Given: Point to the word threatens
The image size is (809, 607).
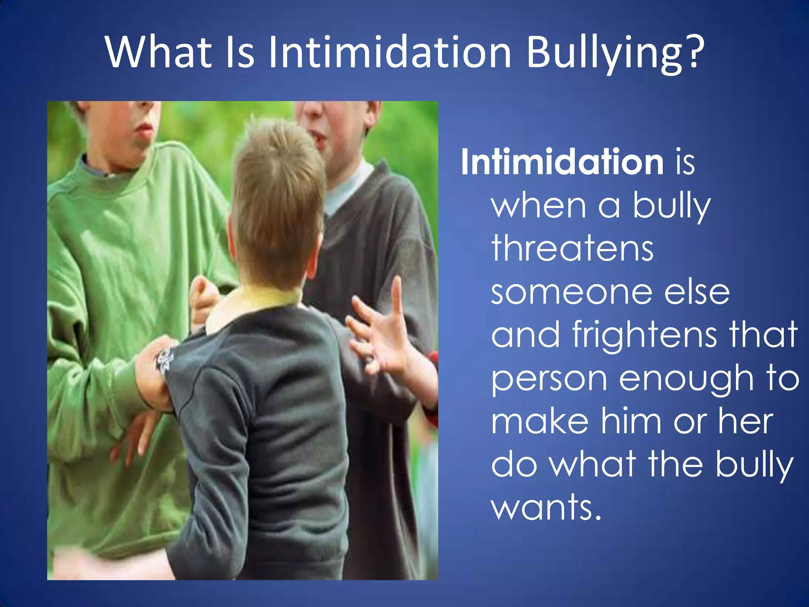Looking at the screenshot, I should (x=572, y=249).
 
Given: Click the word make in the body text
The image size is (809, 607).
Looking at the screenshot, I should (x=540, y=422).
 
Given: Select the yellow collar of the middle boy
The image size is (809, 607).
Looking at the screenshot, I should (x=253, y=300).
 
